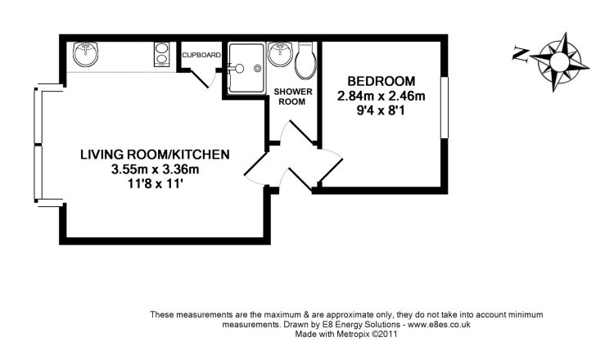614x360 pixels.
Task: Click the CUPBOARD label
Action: (x=201, y=55)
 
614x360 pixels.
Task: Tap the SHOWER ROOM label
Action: (x=293, y=97)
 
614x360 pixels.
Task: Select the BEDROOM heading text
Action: (x=381, y=81)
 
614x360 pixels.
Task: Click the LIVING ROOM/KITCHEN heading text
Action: (x=155, y=155)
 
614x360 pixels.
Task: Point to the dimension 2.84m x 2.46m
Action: (x=381, y=96)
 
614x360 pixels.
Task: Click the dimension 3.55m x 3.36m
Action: (x=156, y=169)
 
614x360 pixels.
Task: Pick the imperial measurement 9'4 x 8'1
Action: (x=381, y=110)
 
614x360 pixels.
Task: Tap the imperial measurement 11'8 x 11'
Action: (x=156, y=184)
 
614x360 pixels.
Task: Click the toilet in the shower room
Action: (x=305, y=60)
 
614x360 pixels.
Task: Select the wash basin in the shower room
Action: (x=280, y=54)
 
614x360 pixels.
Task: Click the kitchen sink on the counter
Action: (x=85, y=54)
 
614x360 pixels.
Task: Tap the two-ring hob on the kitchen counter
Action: (x=161, y=54)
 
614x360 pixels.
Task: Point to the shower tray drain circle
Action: (x=257, y=69)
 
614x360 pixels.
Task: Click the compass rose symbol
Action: (x=560, y=62)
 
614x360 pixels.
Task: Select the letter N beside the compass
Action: (x=521, y=54)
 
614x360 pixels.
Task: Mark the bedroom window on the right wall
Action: (x=445, y=108)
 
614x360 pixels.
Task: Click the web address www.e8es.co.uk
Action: (x=439, y=324)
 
